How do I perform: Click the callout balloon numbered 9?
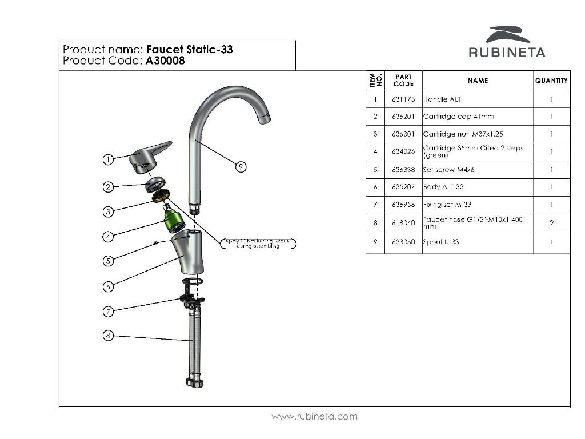click(x=241, y=166)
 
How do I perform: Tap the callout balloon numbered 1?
click(x=107, y=159)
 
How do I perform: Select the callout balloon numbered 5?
click(x=107, y=261)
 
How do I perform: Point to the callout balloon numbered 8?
click(x=107, y=336)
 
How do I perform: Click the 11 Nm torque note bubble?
click(x=258, y=244)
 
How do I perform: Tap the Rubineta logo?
click(x=507, y=42)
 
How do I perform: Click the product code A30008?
click(x=165, y=61)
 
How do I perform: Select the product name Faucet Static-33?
click(x=190, y=49)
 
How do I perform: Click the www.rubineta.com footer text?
click(x=314, y=416)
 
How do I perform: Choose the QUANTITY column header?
click(x=551, y=81)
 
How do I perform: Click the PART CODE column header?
click(x=403, y=81)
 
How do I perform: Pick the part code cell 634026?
click(x=403, y=152)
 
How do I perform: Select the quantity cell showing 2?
click(x=551, y=223)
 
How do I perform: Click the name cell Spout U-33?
click(x=441, y=242)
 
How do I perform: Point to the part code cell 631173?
click(x=403, y=99)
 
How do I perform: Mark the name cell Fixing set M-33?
click(x=447, y=205)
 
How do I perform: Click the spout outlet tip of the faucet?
click(x=264, y=119)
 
